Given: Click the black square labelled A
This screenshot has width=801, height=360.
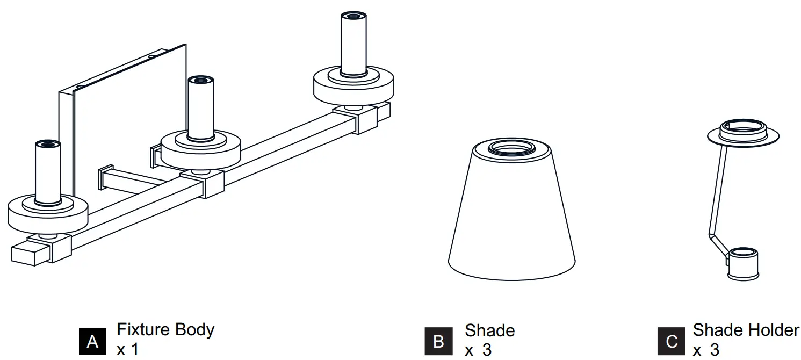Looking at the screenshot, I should [x=92, y=341].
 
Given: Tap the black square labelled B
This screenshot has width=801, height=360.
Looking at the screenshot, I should [x=438, y=341].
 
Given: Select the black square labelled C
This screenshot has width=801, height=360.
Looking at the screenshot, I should [x=672, y=341].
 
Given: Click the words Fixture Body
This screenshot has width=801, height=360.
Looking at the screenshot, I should [x=165, y=329].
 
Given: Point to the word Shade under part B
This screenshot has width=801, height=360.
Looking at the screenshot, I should [x=489, y=330].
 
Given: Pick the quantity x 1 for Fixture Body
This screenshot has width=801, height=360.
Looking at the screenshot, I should [x=127, y=349].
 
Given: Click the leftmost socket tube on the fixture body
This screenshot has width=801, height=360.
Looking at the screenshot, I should [x=47, y=172].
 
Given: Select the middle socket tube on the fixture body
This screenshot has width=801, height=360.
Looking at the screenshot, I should [x=200, y=107].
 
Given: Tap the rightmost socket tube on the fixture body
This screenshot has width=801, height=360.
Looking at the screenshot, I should [x=353, y=43].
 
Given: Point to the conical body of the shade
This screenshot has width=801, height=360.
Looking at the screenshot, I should [x=511, y=215].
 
